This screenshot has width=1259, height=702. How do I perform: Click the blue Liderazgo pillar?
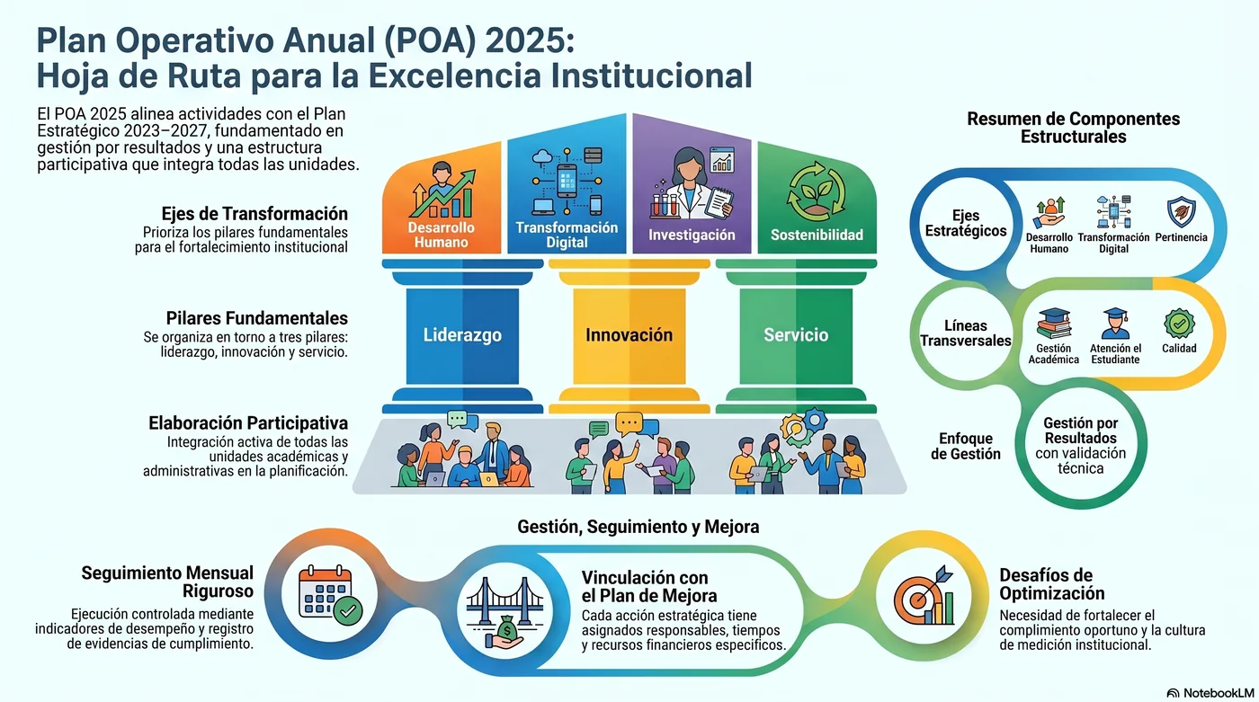click(462, 336)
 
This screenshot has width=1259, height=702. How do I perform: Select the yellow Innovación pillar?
click(629, 336)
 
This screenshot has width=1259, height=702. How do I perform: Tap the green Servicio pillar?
click(796, 336)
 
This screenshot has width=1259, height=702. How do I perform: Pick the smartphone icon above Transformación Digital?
click(567, 181)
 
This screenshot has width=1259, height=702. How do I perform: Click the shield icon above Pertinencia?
click(1181, 212)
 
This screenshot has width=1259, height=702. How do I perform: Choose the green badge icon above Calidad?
click(1179, 324)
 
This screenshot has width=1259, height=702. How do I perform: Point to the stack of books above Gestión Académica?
click(1054, 324)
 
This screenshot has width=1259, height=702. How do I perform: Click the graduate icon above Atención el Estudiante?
click(1115, 323)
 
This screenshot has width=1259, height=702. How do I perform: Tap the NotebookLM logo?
click(1210, 693)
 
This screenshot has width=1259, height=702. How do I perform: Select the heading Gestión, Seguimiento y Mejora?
click(638, 527)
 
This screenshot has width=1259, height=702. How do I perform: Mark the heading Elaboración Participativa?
click(248, 422)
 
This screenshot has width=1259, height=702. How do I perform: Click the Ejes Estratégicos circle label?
click(966, 223)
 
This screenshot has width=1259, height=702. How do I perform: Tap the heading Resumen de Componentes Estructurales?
click(1073, 128)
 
